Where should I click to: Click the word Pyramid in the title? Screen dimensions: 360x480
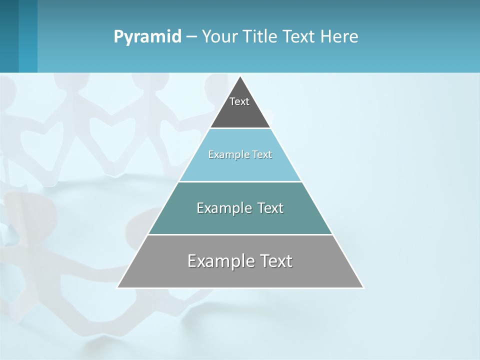(x=147, y=37)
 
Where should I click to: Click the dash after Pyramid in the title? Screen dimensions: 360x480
(x=191, y=37)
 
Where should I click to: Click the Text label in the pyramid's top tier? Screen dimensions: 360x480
(x=239, y=101)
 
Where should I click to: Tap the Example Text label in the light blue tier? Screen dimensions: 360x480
(x=240, y=154)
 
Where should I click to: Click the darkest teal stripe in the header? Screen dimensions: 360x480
(x=9, y=36)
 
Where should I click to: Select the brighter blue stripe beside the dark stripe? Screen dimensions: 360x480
(x=28, y=36)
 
